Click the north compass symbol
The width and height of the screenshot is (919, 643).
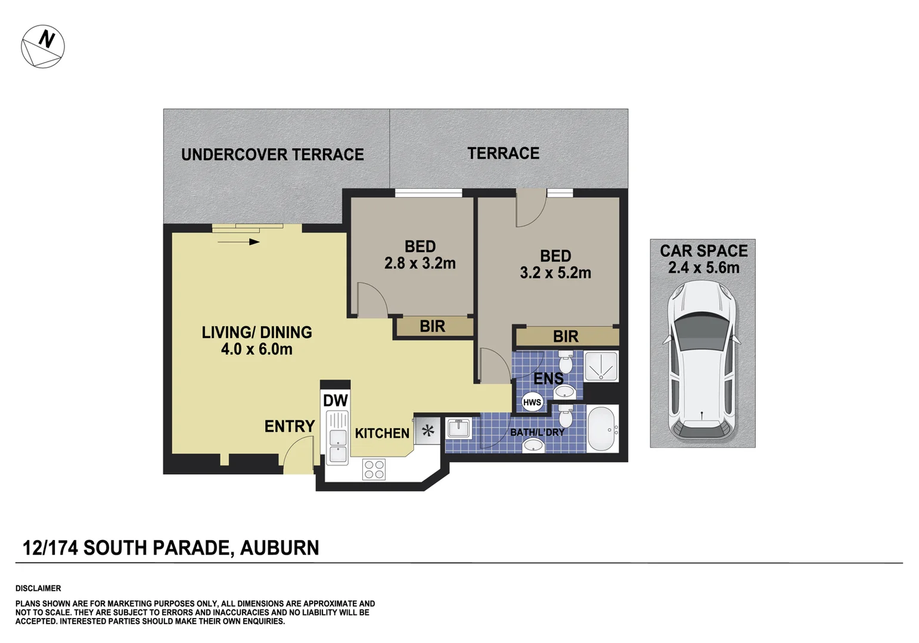(x=43, y=46)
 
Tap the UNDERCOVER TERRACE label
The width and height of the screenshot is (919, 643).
(x=272, y=155)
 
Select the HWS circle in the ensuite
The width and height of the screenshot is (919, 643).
(x=532, y=402)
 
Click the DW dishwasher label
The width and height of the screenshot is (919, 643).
(x=335, y=401)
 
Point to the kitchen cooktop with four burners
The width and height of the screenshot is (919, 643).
(x=374, y=469)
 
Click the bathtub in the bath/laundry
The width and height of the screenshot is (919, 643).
(x=603, y=428)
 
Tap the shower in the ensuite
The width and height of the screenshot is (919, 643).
(x=601, y=366)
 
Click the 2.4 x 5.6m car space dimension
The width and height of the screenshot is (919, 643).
(x=703, y=268)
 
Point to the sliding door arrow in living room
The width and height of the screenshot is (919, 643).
(x=239, y=242)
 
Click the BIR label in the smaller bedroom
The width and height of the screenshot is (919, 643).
(x=432, y=326)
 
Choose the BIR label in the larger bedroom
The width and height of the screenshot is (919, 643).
(x=566, y=336)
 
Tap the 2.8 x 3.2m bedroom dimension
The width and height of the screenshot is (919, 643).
(x=420, y=263)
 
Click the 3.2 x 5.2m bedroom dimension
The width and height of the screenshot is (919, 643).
(x=555, y=273)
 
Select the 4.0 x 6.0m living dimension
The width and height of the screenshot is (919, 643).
(x=257, y=349)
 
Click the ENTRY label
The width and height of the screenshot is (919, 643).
(x=290, y=426)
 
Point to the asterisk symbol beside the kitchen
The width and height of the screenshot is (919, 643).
(x=428, y=430)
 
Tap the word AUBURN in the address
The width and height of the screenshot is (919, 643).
(x=280, y=548)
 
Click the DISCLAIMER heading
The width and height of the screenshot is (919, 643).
(x=38, y=588)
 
